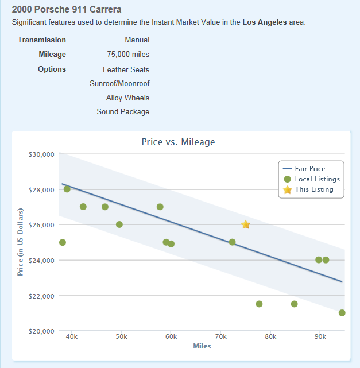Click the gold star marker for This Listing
[246, 224]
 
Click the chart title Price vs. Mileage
[178, 142]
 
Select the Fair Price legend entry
[310, 169]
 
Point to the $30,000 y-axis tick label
[40, 154]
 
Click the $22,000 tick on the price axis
[40, 296]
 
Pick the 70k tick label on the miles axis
[220, 336]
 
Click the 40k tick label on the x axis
[72, 336]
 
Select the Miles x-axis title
[202, 346]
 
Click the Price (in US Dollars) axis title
[20, 242]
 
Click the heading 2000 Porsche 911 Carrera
[67, 10]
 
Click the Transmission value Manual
[137, 40]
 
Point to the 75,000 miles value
[128, 55]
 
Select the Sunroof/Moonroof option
[119, 83]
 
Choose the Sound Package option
[123, 112]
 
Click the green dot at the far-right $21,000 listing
[342, 313]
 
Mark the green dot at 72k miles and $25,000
[232, 242]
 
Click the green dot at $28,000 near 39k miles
[67, 189]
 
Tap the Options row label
[52, 69]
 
